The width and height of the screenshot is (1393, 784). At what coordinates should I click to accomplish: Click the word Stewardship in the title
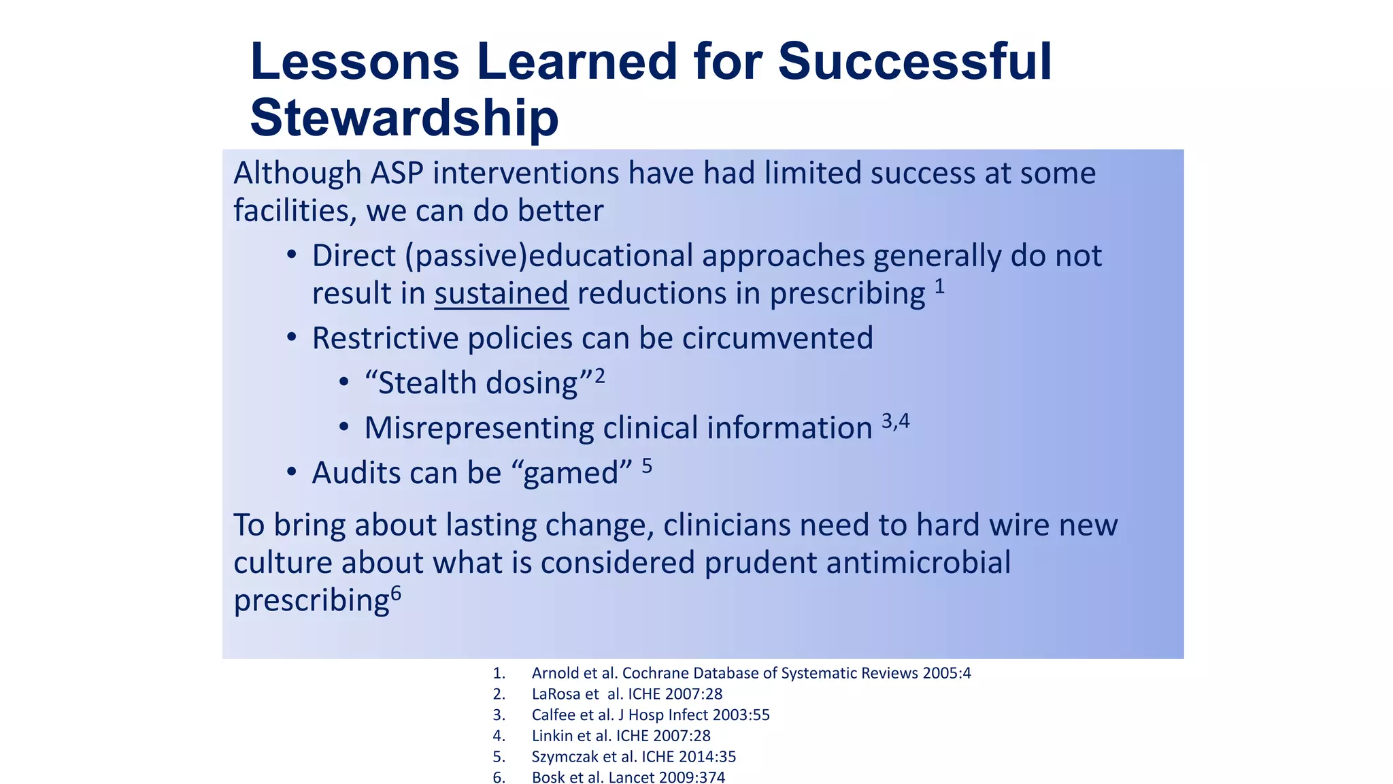pyautogui.click(x=404, y=118)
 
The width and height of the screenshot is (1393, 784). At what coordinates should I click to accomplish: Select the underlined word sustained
pyautogui.click(x=501, y=293)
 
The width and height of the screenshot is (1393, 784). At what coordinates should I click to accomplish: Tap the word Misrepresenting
pyautogui.click(x=479, y=428)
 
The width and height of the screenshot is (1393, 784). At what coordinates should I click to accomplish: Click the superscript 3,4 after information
pyautogui.click(x=895, y=421)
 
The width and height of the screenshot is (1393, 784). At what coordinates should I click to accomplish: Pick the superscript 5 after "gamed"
pyautogui.click(x=647, y=466)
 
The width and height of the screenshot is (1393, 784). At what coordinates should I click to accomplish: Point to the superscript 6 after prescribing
pyautogui.click(x=396, y=594)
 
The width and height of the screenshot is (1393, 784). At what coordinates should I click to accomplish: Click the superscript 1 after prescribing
pyautogui.click(x=939, y=287)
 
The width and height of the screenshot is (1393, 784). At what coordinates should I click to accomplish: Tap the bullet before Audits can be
pyautogui.click(x=292, y=472)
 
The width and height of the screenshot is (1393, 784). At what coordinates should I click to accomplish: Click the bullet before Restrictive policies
pyautogui.click(x=292, y=337)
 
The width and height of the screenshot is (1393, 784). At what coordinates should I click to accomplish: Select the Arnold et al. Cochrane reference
pyautogui.click(x=751, y=673)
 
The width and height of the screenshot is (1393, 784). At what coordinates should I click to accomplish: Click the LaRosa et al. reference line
pyautogui.click(x=626, y=694)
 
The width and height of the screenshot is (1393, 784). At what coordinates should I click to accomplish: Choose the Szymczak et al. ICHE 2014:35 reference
pyautogui.click(x=633, y=757)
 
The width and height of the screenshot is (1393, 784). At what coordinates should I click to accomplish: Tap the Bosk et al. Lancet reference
pyautogui.click(x=628, y=777)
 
